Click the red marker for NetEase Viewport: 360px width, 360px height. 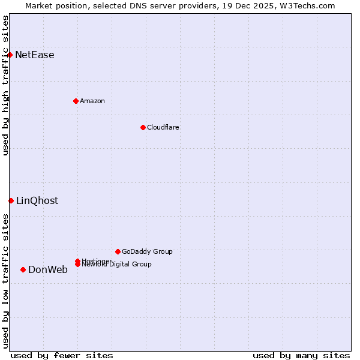pyautogui.click(x=10, y=55)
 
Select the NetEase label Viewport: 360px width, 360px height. pyautogui.click(x=35, y=55)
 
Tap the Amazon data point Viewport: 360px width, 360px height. pyautogui.click(x=76, y=101)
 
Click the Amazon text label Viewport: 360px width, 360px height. pyautogui.click(x=92, y=101)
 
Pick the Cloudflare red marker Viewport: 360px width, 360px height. pyautogui.click(x=143, y=127)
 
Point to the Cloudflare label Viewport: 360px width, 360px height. pyautogui.click(x=163, y=127)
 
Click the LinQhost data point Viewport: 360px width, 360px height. pyautogui.click(x=11, y=200)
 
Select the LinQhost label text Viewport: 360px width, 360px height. pyautogui.click(x=37, y=201)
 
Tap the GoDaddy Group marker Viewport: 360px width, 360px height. pyautogui.click(x=118, y=251)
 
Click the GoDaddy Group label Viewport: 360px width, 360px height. pyautogui.click(x=147, y=251)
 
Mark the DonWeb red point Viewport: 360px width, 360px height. pyautogui.click(x=23, y=269)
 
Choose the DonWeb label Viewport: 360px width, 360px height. pyautogui.click(x=48, y=270)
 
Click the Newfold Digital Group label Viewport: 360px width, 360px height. pyautogui.click(x=117, y=265)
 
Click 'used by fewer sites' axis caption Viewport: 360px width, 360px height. pyautogui.click(x=62, y=355)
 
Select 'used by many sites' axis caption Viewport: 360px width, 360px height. pyautogui.click(x=301, y=355)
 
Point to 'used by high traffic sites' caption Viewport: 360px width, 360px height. pyautogui.click(x=5, y=85)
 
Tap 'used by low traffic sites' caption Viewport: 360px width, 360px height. pyautogui.click(x=5, y=281)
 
